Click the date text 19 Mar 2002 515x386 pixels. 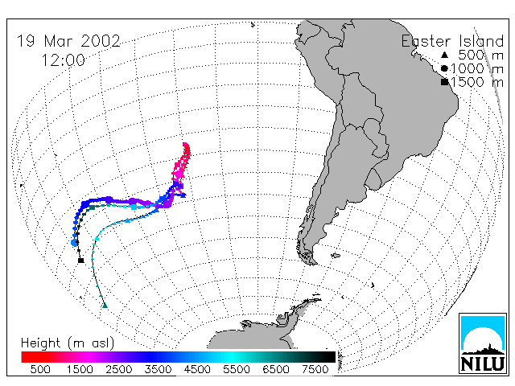pos(68,41)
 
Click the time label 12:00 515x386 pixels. pos(63,60)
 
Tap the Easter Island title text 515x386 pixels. pos(452,41)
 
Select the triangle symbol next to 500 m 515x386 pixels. pos(444,55)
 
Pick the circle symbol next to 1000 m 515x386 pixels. pos(444,68)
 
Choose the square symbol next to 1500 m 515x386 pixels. pos(444,82)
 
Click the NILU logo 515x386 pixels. pos(483,343)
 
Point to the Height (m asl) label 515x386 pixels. pos(68,343)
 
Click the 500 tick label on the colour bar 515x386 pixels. pos(40,369)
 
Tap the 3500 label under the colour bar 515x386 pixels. pos(158,369)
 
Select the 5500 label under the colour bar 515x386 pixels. pos(237,369)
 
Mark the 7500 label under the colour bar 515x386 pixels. pos(315,369)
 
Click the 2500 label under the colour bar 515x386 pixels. pos(119,369)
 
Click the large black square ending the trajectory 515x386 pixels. pos(80,261)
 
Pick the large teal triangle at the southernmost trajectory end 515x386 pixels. pos(105,306)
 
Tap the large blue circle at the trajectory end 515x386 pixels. pos(75,243)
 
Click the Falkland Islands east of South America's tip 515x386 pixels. pos(335,256)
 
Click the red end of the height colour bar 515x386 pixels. pos(23,357)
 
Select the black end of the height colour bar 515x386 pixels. pos(333,357)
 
